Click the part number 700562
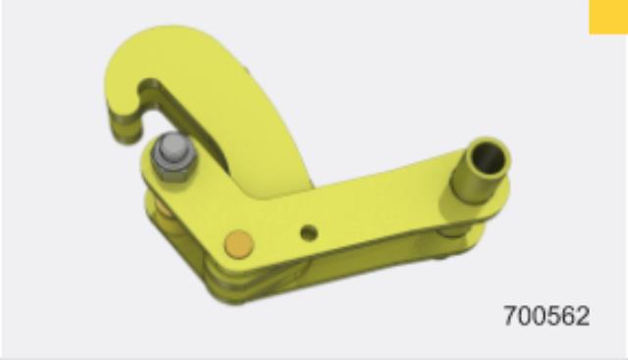[x=547, y=316]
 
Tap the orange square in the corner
[x=608, y=17]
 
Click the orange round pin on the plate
[x=238, y=244]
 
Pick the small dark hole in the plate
[x=309, y=232]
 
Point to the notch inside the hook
[x=149, y=90]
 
